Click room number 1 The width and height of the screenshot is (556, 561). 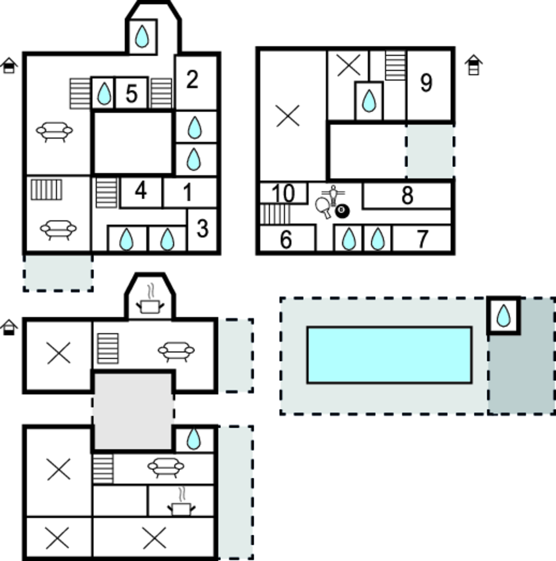[x=188, y=192]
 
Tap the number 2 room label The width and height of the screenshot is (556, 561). [x=192, y=80]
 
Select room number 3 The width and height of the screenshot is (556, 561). [x=203, y=229]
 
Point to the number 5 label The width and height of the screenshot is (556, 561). [x=131, y=94]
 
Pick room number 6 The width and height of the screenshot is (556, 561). [x=286, y=240]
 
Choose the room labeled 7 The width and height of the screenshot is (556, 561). [x=422, y=239]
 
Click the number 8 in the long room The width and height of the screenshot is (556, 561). [x=407, y=195]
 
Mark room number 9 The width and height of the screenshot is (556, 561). [x=426, y=83]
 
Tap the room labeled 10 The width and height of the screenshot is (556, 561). [x=283, y=193]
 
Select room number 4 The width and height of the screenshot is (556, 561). [x=141, y=191]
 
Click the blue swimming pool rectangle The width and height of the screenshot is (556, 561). [x=390, y=355]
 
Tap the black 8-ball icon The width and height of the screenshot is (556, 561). [x=342, y=210]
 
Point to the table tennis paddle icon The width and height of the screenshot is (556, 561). [x=323, y=207]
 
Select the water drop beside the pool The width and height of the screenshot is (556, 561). [x=503, y=316]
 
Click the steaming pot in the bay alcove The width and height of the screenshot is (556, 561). [x=150, y=303]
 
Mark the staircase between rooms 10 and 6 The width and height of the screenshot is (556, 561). [x=275, y=214]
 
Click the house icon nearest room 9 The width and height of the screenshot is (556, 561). [x=473, y=65]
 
